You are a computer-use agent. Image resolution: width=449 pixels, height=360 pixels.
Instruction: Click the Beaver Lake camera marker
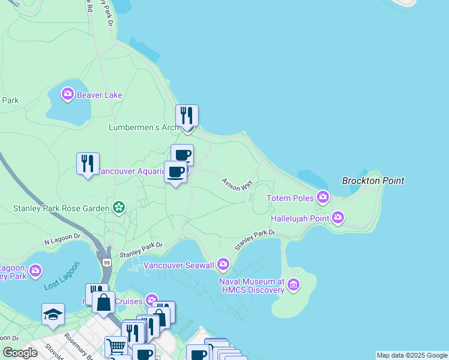coord(68,94)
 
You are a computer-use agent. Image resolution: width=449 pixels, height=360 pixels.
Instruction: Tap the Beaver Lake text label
coord(99,95)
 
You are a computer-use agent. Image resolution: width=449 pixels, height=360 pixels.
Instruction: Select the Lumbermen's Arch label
coord(143,127)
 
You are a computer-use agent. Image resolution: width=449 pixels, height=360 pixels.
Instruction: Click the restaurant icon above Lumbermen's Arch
coord(187,115)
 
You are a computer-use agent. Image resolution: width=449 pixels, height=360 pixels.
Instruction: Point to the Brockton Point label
coord(373,181)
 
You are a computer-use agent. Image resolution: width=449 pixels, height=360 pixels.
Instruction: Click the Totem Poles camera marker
coord(324,197)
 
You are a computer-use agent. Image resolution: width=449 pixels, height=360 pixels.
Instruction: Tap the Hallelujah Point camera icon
coord(338,217)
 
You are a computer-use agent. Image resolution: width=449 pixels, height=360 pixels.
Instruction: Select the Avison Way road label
coord(237,184)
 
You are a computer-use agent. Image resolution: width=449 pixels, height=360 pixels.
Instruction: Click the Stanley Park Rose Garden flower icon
coord(119,208)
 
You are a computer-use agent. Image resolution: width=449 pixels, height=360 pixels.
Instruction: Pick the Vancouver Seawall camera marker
coord(223,264)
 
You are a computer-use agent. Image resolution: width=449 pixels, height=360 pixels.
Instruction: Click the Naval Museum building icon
coord(294,284)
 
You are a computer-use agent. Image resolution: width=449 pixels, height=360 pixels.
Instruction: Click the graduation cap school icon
coord(53,314)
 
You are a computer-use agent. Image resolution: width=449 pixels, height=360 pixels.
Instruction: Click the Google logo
coord(20,353)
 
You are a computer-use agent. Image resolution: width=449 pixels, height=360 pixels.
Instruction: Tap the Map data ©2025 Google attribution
coord(412,355)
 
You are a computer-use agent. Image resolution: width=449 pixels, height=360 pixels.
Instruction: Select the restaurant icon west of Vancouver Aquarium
coord(88,163)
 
